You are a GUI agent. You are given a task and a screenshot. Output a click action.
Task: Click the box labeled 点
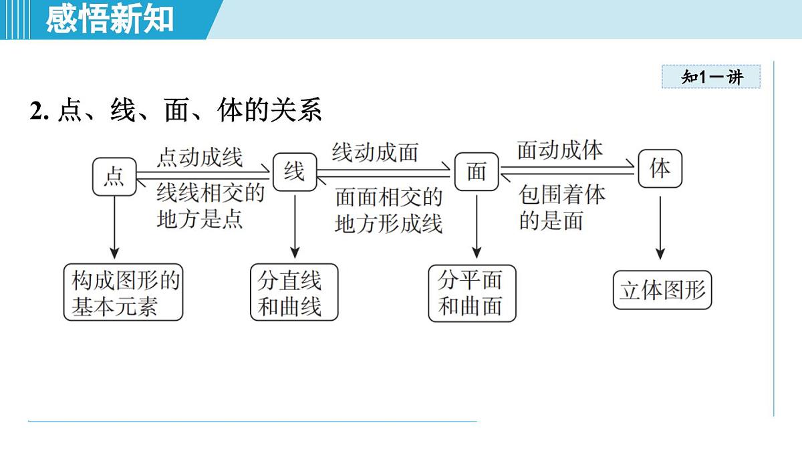114,177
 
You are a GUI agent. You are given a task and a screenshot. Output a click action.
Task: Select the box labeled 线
294,173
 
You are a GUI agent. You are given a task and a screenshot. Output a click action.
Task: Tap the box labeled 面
477,172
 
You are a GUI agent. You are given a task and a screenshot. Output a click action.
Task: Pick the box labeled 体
660,168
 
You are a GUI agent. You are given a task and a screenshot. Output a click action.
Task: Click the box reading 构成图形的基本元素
124,293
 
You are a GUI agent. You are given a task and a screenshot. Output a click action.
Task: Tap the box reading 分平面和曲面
472,293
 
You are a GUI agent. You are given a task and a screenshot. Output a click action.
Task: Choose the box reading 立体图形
662,291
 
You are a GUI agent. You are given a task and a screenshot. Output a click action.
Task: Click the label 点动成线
199,158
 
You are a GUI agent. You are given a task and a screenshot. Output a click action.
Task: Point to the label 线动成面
375,152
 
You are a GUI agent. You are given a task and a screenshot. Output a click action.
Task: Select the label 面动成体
560,150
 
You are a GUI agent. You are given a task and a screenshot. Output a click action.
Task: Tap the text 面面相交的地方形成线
388,209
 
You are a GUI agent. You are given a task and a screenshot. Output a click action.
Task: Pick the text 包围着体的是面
561,207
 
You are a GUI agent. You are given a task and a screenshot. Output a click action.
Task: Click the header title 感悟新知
110,19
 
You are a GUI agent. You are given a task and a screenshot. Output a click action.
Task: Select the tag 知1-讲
712,77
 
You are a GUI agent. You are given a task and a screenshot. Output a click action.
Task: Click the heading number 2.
39,111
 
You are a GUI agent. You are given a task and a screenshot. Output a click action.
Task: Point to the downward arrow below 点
114,227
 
